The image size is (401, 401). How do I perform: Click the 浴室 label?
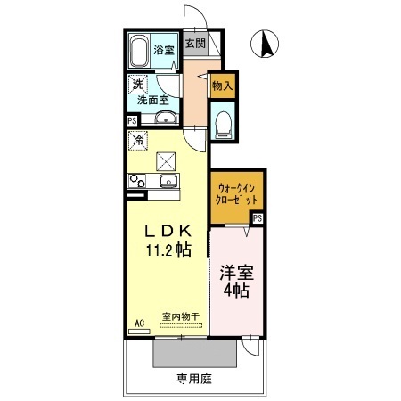[x=164, y=50]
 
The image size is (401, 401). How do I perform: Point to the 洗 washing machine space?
[x=137, y=85]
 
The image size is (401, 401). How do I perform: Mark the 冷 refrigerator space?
[x=138, y=139]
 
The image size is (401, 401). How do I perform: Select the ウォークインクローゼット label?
[x=237, y=195]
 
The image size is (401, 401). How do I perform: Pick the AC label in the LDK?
[x=139, y=322]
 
